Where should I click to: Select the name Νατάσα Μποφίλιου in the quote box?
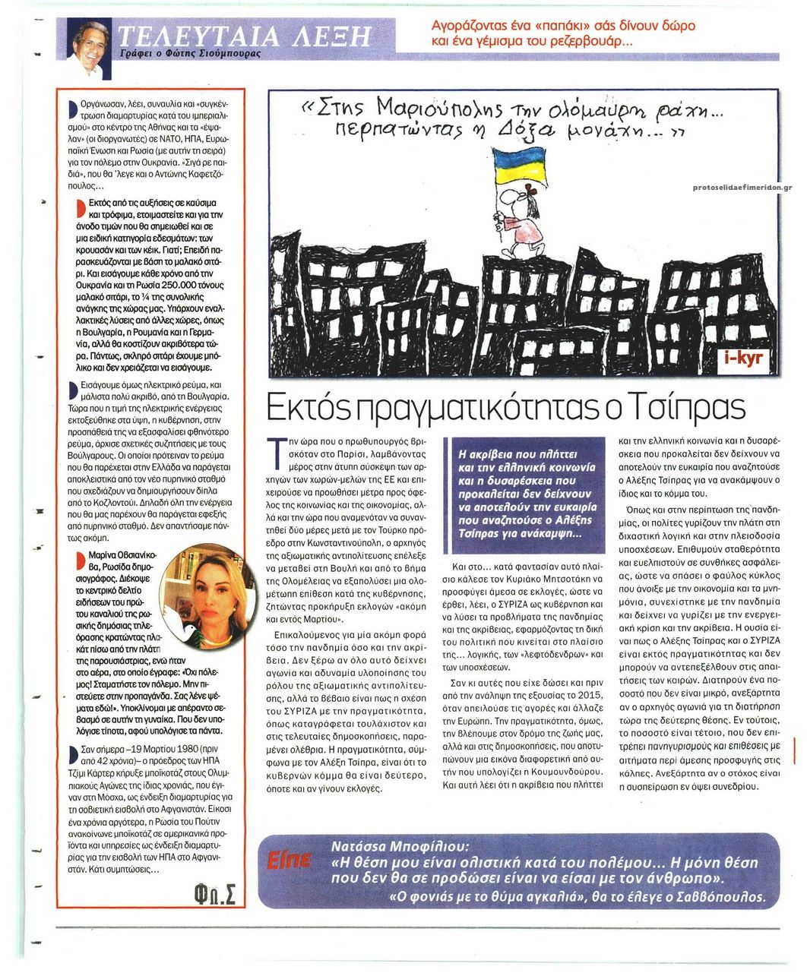[x=400, y=845]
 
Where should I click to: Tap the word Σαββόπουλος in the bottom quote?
[x=723, y=896]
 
